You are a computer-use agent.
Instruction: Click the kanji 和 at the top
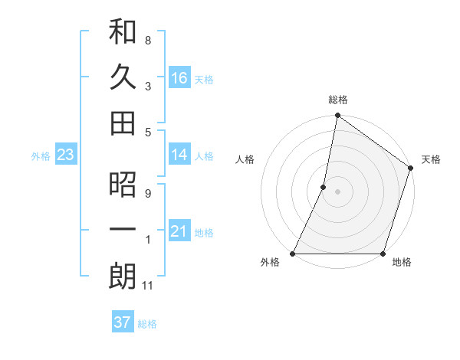pyautogui.click(x=123, y=31)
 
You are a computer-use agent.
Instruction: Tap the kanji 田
pyautogui.click(x=123, y=123)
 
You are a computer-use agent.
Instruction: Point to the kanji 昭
pyautogui.click(x=123, y=185)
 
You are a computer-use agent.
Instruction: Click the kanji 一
pyautogui.click(x=123, y=230)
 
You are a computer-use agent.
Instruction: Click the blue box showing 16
pyautogui.click(x=179, y=77)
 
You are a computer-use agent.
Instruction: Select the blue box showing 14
pyautogui.click(x=179, y=155)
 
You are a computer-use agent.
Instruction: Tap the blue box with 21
pyautogui.click(x=179, y=231)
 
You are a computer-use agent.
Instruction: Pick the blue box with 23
pyautogui.click(x=65, y=155)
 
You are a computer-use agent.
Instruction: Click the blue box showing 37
pyautogui.click(x=122, y=322)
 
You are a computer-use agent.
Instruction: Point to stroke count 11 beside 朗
pyautogui.click(x=149, y=286)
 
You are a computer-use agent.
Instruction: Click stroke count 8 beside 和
pyautogui.click(x=148, y=40)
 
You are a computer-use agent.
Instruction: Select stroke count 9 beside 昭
pyautogui.click(x=148, y=193)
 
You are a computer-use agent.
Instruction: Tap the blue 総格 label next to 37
pyautogui.click(x=147, y=324)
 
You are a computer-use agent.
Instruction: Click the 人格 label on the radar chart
pyautogui.click(x=245, y=159)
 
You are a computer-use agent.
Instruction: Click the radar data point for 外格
pyautogui.click(x=293, y=254)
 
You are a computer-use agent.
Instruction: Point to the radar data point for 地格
pyautogui.click(x=383, y=254)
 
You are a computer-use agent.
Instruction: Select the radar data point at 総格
pyautogui.click(x=337, y=116)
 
